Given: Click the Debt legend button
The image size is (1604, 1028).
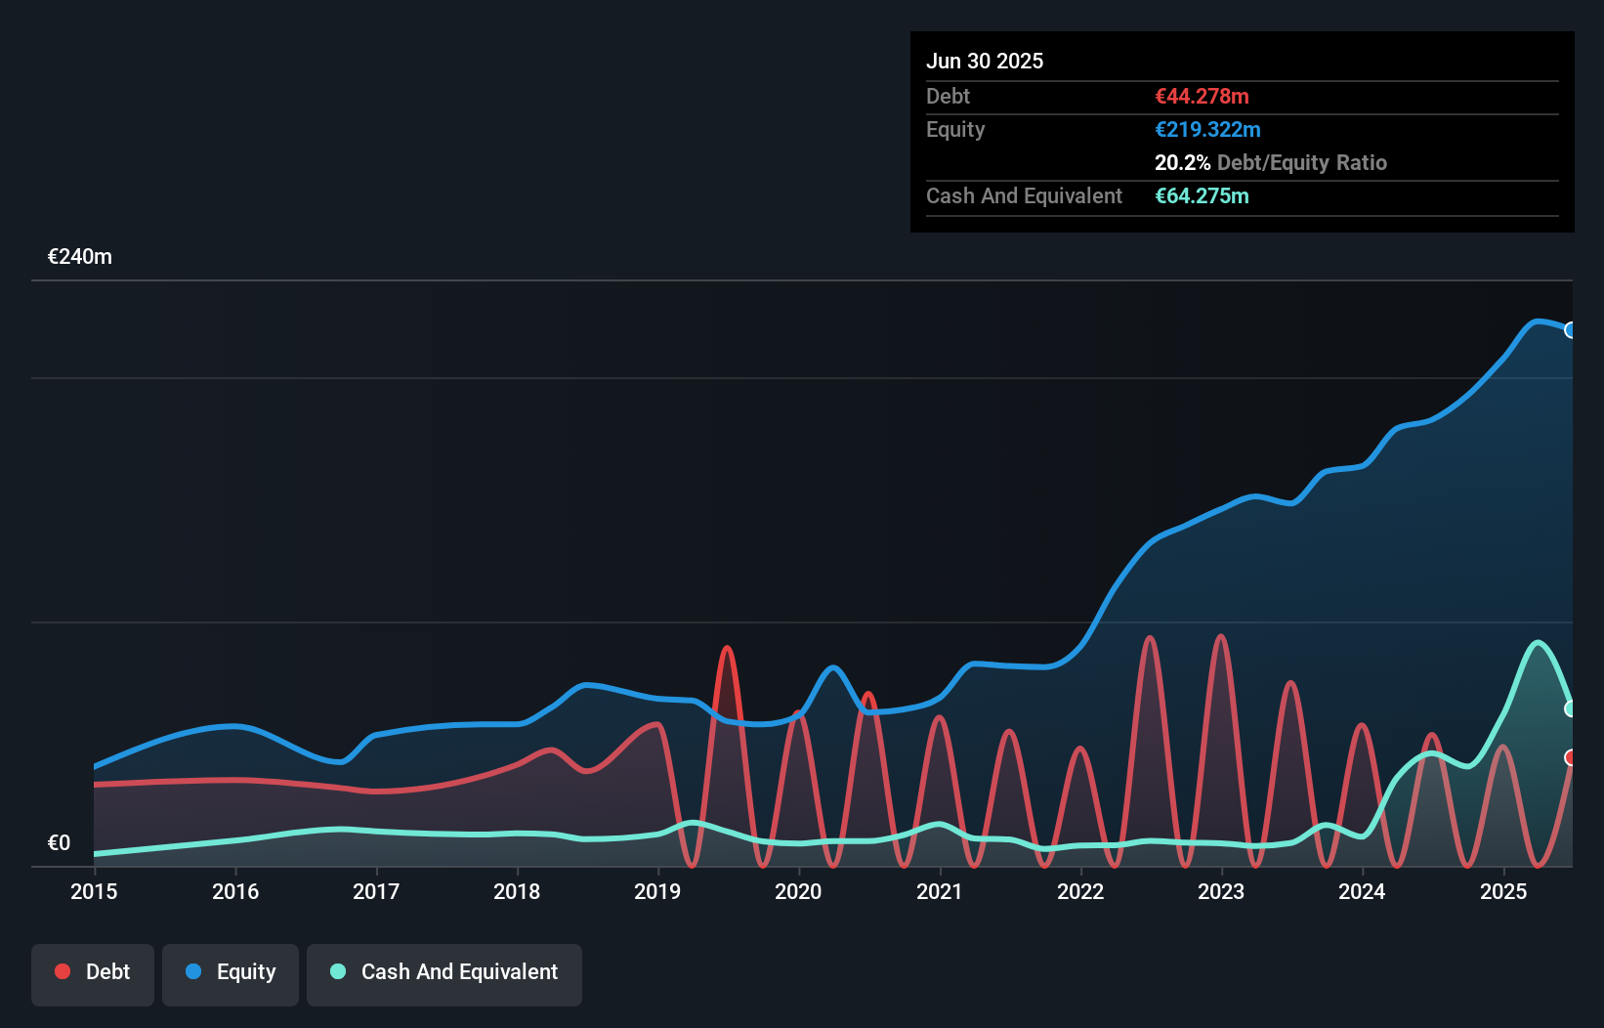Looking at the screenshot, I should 93,973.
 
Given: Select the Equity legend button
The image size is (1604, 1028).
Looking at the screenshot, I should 231,973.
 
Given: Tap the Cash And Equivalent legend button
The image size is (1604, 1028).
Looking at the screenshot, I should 444,973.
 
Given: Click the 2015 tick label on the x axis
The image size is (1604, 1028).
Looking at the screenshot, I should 94,892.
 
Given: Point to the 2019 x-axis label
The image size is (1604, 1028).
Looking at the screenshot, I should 657,892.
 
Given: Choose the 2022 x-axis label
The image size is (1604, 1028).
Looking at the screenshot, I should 1080,892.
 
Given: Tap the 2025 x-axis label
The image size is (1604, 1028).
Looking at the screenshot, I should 1503,892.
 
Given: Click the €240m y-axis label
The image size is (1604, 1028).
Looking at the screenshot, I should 80,257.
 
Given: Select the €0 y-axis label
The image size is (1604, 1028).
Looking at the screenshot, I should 59,843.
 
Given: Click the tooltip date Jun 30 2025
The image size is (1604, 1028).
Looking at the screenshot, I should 985,62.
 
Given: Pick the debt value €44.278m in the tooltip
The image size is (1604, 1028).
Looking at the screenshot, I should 1202,97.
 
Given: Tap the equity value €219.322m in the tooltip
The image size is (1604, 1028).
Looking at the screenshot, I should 1207,130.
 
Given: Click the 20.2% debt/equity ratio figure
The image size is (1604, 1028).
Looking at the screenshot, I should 1182,163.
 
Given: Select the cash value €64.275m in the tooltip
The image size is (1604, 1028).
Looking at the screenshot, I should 1202,196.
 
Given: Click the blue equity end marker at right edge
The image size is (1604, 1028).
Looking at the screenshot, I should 1571,330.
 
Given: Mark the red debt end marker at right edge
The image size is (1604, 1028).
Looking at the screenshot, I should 1571,757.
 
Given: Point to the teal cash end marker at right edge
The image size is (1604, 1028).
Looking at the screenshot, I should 1571,708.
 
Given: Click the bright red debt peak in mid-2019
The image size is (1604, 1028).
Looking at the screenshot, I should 727,649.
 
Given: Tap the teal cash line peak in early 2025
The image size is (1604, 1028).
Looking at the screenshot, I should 1539,643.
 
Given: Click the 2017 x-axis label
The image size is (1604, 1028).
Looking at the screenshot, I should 376,892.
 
